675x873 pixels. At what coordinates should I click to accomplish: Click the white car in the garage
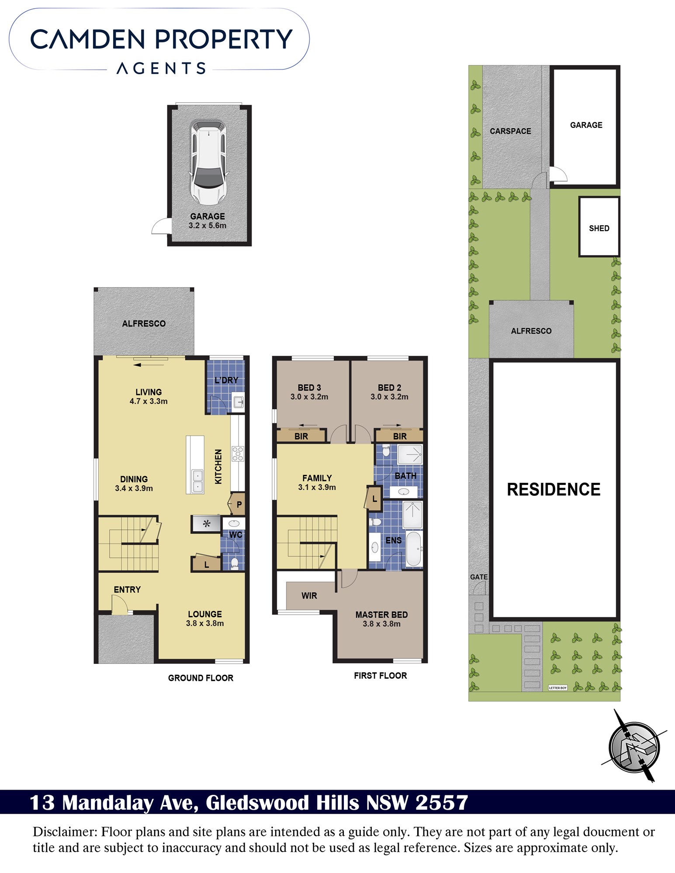[209, 162]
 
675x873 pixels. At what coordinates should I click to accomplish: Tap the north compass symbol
[634, 747]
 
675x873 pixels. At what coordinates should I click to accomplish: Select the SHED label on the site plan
[599, 228]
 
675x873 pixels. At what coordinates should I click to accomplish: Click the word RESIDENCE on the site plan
[554, 489]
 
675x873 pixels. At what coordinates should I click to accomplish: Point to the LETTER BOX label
[558, 687]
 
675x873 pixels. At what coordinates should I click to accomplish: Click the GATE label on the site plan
[479, 577]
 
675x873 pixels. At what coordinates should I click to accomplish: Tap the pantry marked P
[237, 505]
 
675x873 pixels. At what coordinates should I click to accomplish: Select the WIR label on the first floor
[309, 595]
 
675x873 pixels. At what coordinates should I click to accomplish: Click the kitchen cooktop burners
[238, 454]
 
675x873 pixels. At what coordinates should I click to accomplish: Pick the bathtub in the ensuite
[414, 549]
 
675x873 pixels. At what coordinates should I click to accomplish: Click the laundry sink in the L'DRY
[238, 401]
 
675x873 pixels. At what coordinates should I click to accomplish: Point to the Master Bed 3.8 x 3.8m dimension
[381, 624]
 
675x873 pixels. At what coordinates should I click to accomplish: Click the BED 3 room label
[309, 388]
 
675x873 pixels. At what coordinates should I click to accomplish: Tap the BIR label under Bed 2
[400, 436]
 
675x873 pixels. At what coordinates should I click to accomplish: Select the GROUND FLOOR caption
[201, 678]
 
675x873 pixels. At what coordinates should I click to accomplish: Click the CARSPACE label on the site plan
[510, 131]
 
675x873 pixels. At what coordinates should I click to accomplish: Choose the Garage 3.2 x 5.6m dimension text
[208, 226]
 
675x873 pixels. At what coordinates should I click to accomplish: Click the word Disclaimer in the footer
[65, 832]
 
